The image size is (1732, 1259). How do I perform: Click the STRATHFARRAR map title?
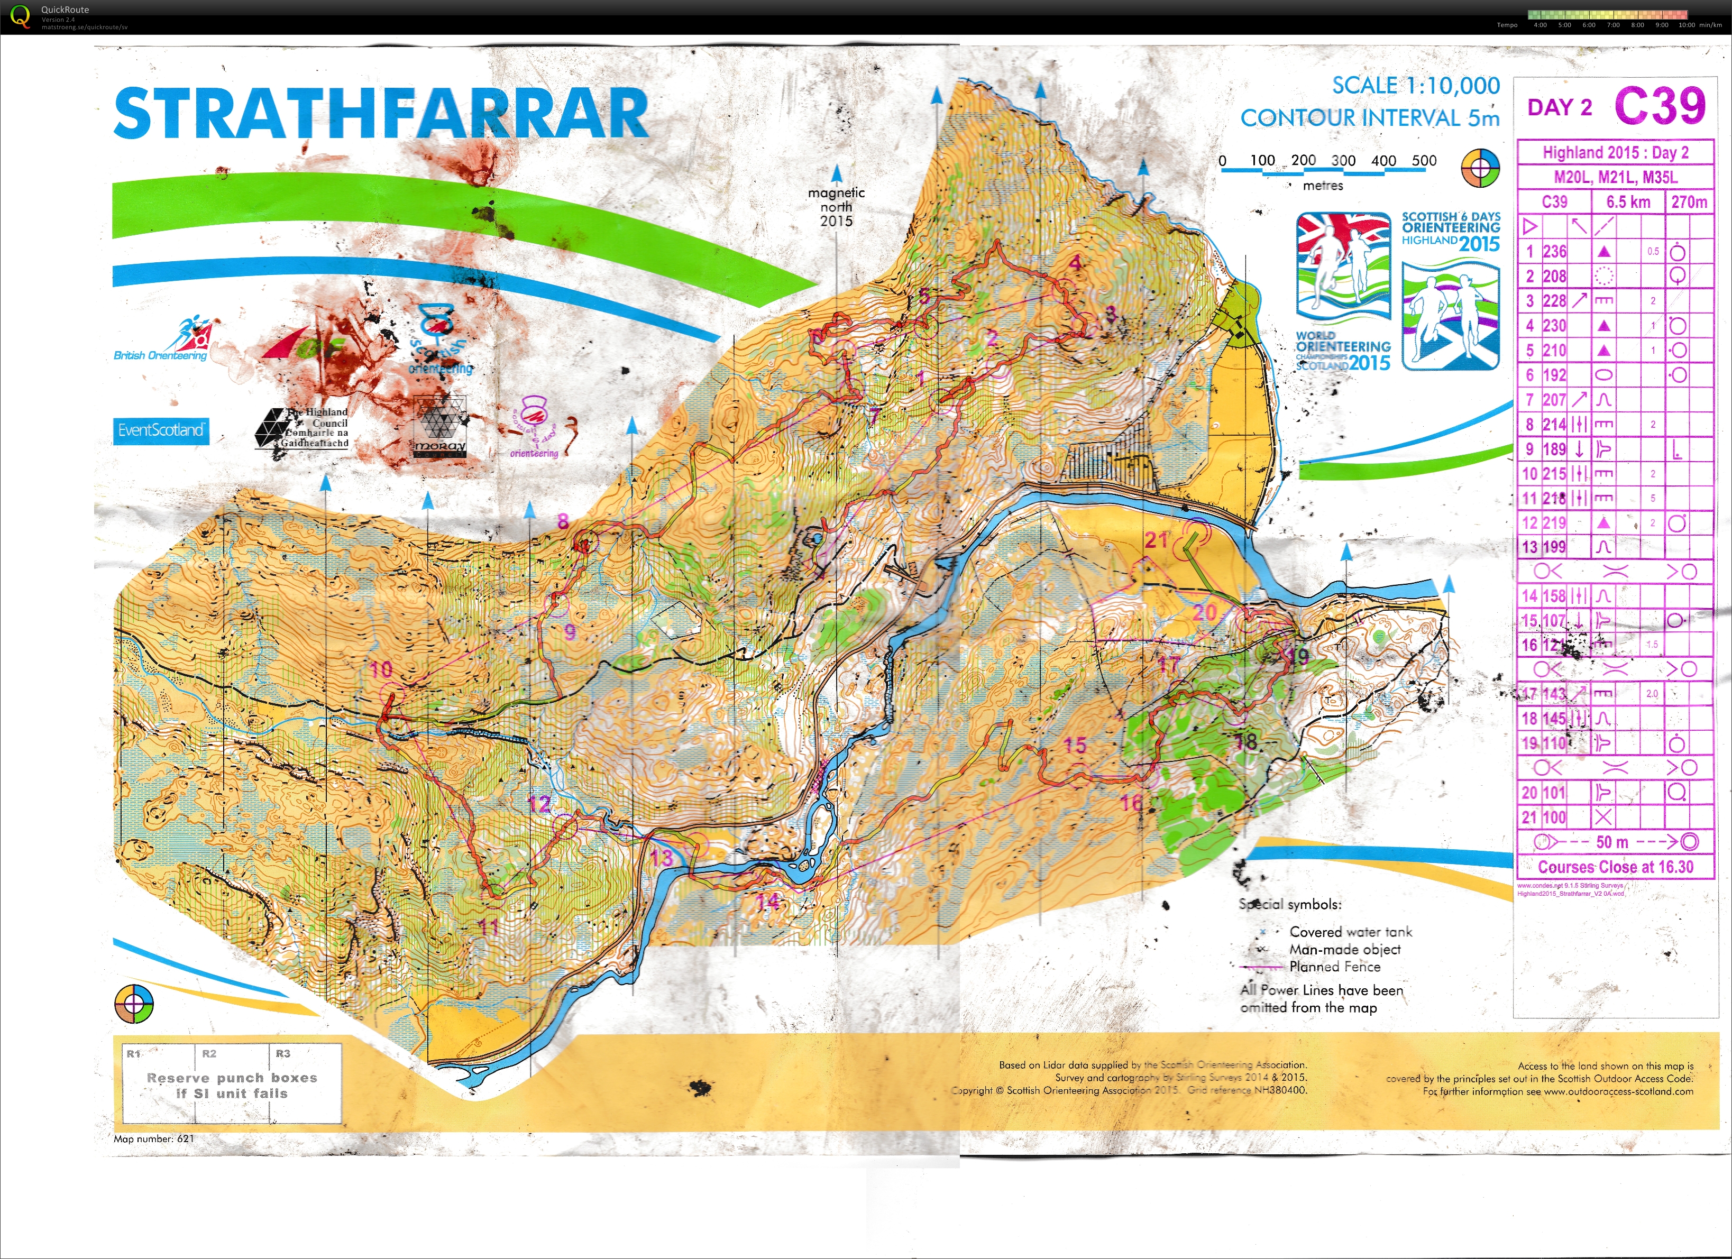pyautogui.click(x=380, y=113)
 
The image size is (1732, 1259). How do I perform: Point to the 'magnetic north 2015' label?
pyautogui.click(x=836, y=207)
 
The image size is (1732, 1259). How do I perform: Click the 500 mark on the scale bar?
pyautogui.click(x=1424, y=160)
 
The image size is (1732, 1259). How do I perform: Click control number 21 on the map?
pyautogui.click(x=1156, y=540)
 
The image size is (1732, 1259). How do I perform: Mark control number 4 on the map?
pyautogui.click(x=1075, y=263)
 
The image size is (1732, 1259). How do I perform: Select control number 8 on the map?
pyautogui.click(x=563, y=521)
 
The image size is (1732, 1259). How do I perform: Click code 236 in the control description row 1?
pyautogui.click(x=1554, y=251)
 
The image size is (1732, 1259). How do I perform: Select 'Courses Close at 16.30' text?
pyautogui.click(x=1615, y=867)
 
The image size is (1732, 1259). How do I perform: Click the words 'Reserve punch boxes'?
pyautogui.click(x=232, y=1077)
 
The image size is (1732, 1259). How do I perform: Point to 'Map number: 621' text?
pyautogui.click(x=153, y=1138)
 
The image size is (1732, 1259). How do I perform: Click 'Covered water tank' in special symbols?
pyautogui.click(x=1350, y=932)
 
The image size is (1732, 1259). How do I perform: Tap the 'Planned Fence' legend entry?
pyautogui.click(x=1334, y=967)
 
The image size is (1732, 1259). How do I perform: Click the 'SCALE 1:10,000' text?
pyautogui.click(x=1415, y=86)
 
